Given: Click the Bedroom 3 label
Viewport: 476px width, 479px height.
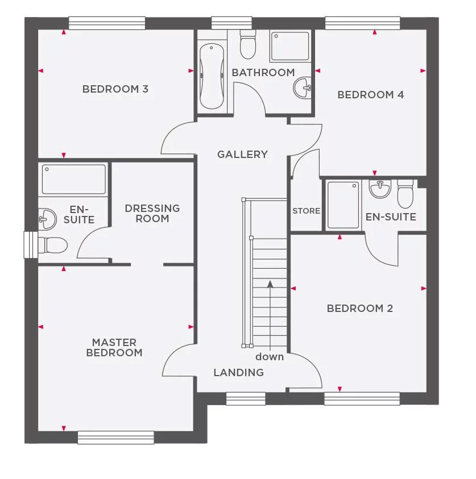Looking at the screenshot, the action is [x=115, y=89].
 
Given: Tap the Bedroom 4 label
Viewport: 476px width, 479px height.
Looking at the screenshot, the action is [x=371, y=95].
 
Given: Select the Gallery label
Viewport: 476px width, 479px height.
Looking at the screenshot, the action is [x=242, y=155].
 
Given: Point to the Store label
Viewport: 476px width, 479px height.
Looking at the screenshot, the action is [x=307, y=211].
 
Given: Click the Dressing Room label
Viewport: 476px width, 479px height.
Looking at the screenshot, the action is [x=152, y=213].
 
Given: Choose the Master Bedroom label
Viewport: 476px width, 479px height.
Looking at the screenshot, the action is [x=114, y=347].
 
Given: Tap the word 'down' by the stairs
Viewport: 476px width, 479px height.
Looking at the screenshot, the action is [x=270, y=356].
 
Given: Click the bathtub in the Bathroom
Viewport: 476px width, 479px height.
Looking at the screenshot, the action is [x=212, y=76].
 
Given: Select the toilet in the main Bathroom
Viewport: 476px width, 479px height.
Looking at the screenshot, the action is [x=247, y=44].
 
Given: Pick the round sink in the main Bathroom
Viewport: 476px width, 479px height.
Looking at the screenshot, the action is [x=303, y=88].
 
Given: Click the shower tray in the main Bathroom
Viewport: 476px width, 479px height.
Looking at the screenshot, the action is [x=290, y=47].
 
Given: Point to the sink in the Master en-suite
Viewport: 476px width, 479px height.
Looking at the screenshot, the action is [x=47, y=219].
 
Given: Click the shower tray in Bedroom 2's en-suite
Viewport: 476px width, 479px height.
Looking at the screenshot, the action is [x=343, y=205].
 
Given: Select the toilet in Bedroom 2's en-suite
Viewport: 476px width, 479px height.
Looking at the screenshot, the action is [x=405, y=194].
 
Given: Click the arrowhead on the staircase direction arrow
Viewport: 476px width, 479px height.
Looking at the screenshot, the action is [x=270, y=284].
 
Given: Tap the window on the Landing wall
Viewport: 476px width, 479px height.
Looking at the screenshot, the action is [x=246, y=399].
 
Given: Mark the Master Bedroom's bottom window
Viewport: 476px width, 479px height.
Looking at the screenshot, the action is [x=116, y=437].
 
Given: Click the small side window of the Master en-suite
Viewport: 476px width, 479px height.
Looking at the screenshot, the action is [x=31, y=245].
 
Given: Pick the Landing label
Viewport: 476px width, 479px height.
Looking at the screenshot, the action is [x=239, y=373].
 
